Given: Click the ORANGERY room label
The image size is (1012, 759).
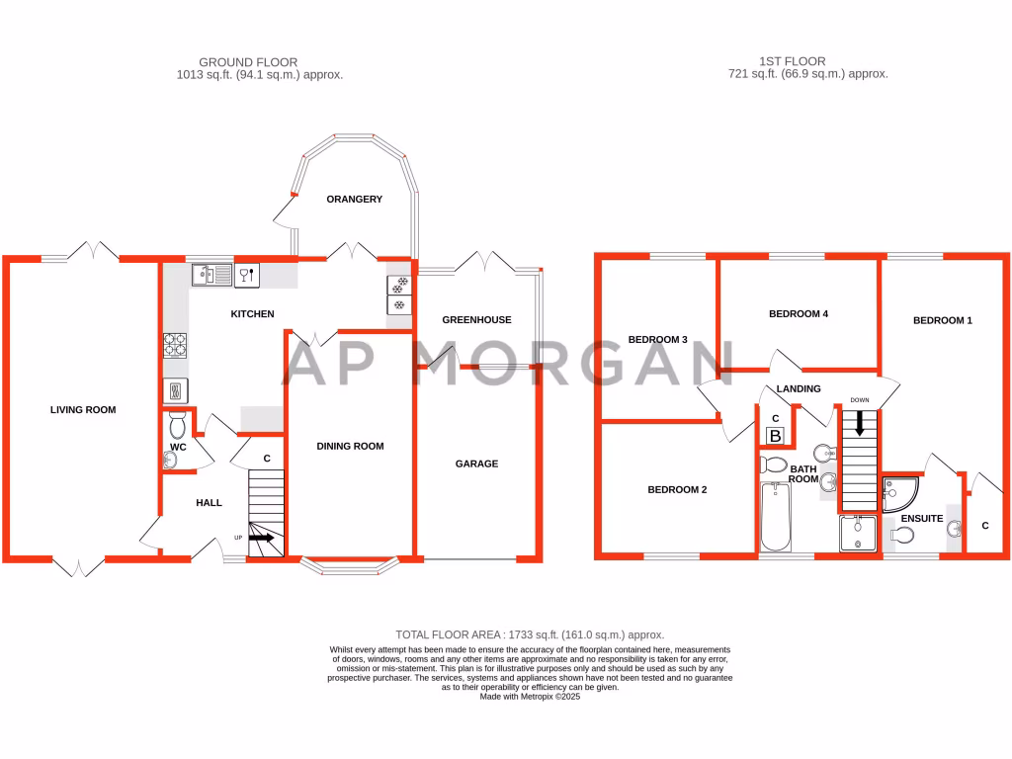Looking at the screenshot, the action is pyautogui.click(x=355, y=199).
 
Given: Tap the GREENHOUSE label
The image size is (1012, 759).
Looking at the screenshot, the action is pyautogui.click(x=476, y=319).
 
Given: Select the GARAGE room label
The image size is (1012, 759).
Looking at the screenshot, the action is pyautogui.click(x=476, y=464).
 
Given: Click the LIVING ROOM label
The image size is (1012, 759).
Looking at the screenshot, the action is pyautogui.click(x=83, y=410).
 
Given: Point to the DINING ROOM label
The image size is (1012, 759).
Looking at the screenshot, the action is pyautogui.click(x=350, y=446).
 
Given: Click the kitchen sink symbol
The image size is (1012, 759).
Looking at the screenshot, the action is pyautogui.click(x=211, y=275).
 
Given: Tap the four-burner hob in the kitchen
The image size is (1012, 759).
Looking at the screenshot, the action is pyautogui.click(x=174, y=345).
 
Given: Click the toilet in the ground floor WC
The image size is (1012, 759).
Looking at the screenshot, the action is pyautogui.click(x=178, y=425).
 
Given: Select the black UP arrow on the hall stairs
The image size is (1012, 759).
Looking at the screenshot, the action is pyautogui.click(x=261, y=537).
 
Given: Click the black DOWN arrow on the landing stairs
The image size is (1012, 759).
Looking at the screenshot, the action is pyautogui.click(x=860, y=423).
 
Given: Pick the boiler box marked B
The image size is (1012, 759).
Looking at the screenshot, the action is pyautogui.click(x=775, y=436).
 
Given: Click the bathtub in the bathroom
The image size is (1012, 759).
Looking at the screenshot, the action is pyautogui.click(x=776, y=516).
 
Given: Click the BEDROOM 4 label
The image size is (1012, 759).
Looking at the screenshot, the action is pyautogui.click(x=799, y=313).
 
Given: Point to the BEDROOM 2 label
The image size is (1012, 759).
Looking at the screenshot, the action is pyautogui.click(x=677, y=490).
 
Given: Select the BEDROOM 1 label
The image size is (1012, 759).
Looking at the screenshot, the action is pyautogui.click(x=942, y=320).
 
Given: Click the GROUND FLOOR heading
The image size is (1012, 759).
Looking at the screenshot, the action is pyautogui.click(x=248, y=62).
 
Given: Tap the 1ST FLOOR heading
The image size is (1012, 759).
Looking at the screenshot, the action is pyautogui.click(x=792, y=61).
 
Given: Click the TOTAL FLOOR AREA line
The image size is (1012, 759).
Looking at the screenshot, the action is pyautogui.click(x=530, y=635).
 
